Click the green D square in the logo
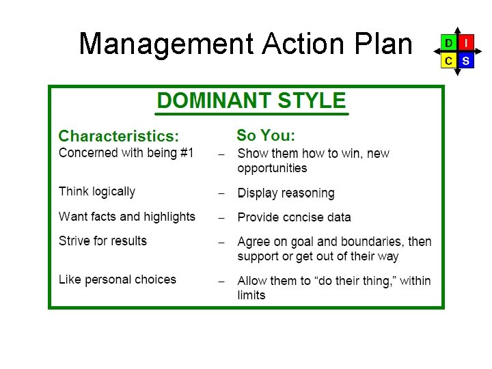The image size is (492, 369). click(448, 43)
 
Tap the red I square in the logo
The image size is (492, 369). click(466, 43)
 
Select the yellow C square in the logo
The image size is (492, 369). click(448, 61)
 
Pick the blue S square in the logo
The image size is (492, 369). click(466, 61)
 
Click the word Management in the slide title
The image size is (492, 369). click(166, 44)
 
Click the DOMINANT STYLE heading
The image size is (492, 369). click(251, 101)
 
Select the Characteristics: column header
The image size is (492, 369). click(119, 136)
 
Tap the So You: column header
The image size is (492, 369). click(266, 135)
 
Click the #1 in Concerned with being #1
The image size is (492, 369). click(187, 153)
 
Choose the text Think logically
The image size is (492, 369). click(97, 192)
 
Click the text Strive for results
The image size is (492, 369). click(102, 241)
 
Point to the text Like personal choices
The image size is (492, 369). click(118, 279)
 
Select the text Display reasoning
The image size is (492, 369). click(286, 193)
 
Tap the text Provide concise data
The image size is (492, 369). click(294, 217)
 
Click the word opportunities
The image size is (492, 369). click(272, 169)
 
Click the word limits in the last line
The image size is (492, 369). click(251, 295)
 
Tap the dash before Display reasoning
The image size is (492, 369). click(221, 193)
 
